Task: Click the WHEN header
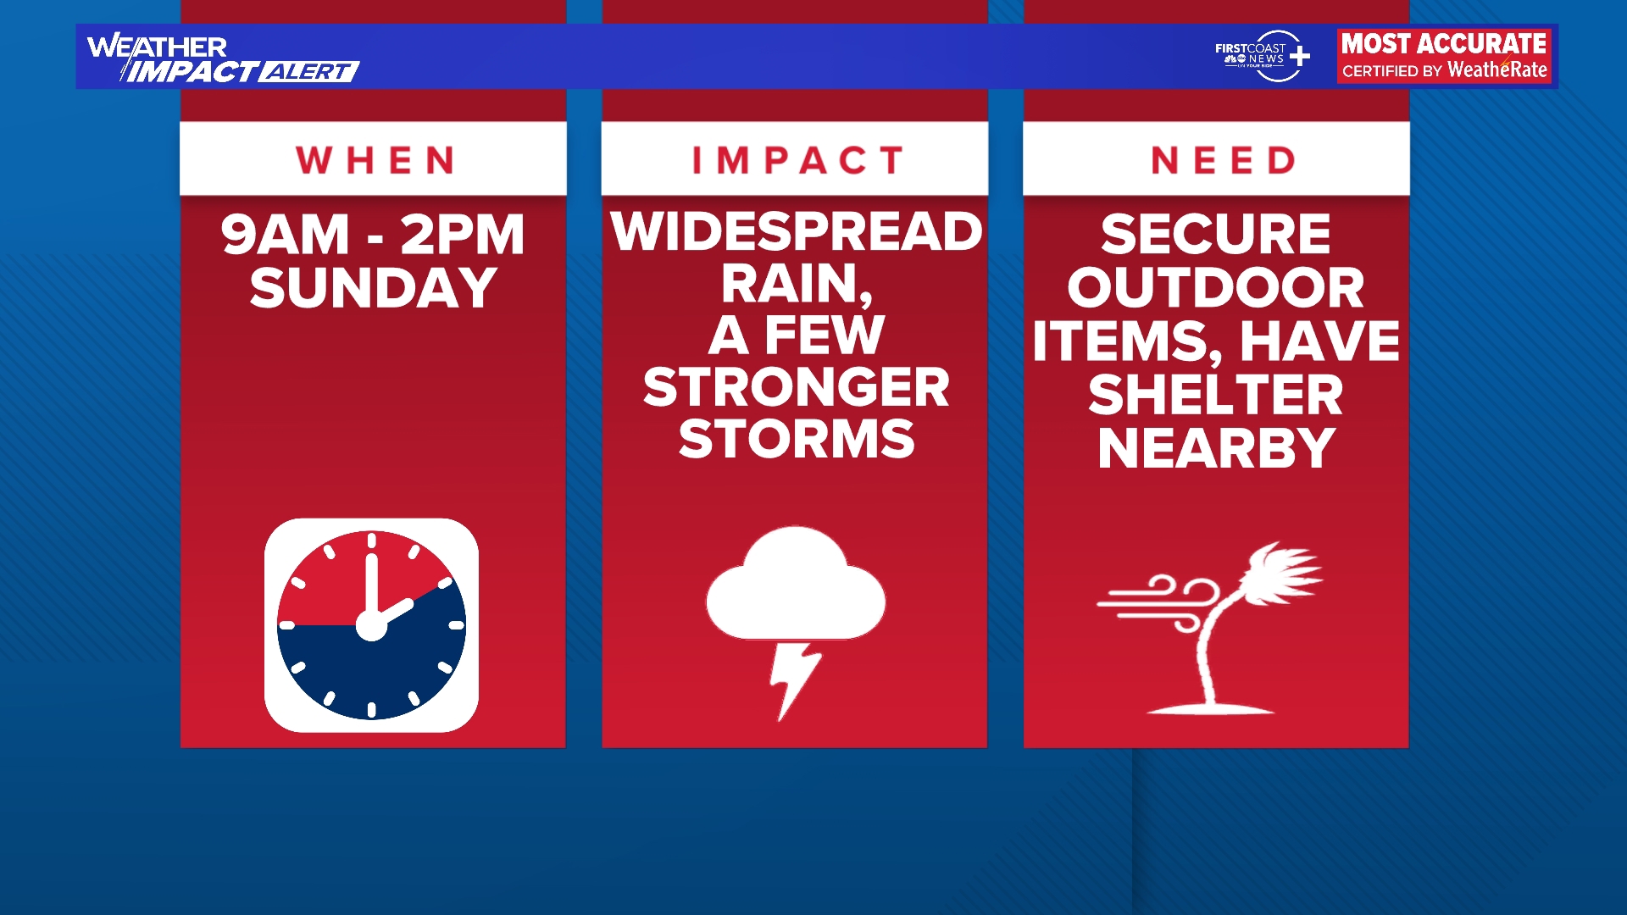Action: coord(375,160)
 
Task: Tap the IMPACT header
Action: coord(797,160)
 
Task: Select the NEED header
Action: coord(1223,160)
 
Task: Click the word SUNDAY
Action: coord(373,288)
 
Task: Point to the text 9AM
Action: coord(285,235)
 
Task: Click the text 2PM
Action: coord(463,235)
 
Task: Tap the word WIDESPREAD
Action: coord(797,231)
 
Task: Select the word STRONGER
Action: coord(797,387)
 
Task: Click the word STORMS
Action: coord(797,439)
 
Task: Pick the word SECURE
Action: coord(1216,234)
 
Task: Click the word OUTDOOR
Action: coord(1216,288)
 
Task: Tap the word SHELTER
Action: coord(1216,395)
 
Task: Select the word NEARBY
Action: coord(1216,448)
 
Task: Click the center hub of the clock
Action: coord(371,626)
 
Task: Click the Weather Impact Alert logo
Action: coord(222,58)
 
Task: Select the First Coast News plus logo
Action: coord(1263,56)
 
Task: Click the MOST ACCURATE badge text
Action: coord(1444,44)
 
